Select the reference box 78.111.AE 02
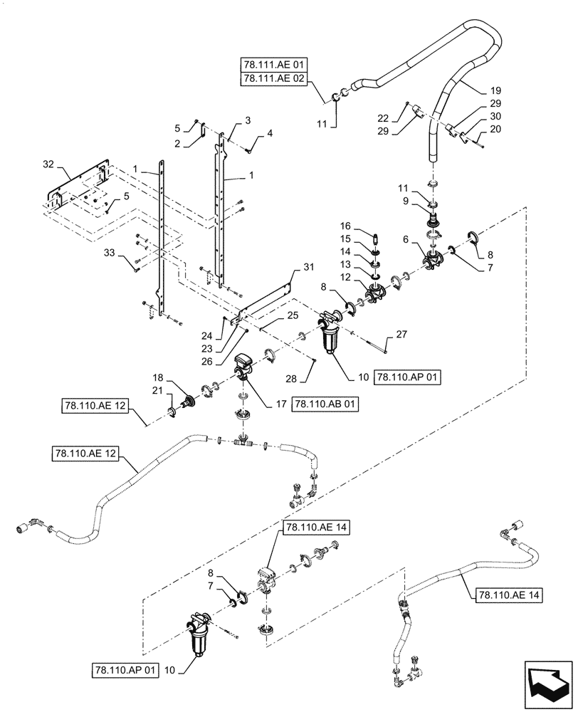coord(273,80)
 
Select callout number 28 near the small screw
coord(311,378)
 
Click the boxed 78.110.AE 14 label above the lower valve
coord(312,528)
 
